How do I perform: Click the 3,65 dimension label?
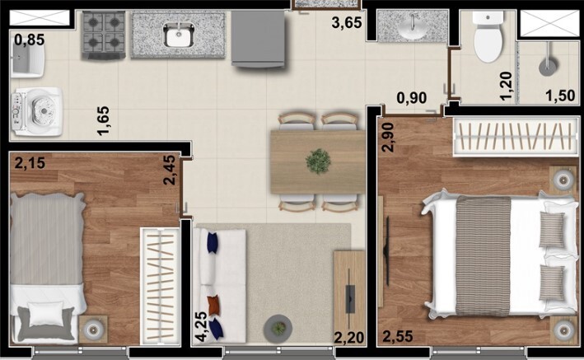click(x=347, y=23)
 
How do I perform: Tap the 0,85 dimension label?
click(x=29, y=39)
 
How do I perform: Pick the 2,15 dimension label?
click(x=29, y=164)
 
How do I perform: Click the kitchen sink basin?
click(x=177, y=35)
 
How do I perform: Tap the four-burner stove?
click(x=103, y=35)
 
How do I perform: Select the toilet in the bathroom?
click(x=488, y=37)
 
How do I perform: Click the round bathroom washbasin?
click(x=409, y=27)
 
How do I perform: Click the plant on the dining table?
click(x=318, y=161)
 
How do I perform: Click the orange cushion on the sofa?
click(x=213, y=306)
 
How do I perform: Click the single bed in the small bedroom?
click(x=47, y=264)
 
